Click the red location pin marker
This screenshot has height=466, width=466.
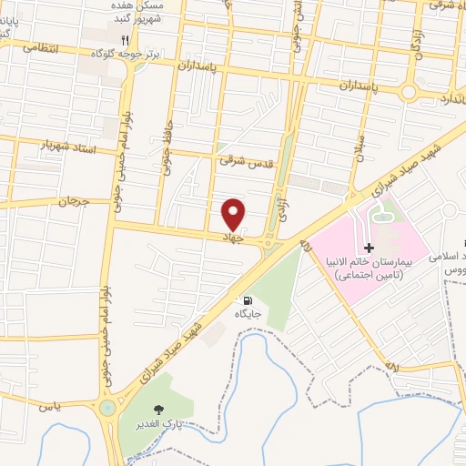click(x=235, y=213)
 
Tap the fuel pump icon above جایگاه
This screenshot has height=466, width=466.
click(x=248, y=299)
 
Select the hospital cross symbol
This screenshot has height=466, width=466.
click(x=368, y=248)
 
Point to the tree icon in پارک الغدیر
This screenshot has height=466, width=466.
click(x=162, y=410)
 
